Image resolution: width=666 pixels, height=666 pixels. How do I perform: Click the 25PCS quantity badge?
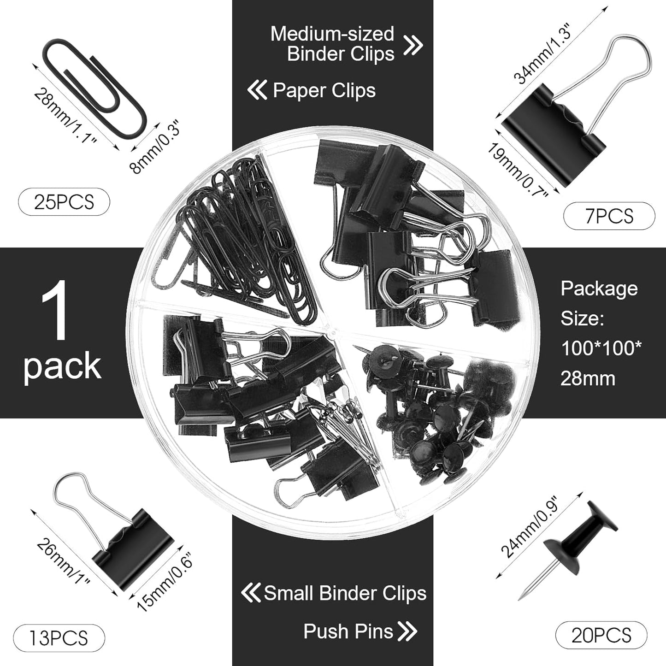tap(64, 202)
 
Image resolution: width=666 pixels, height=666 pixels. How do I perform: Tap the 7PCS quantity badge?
tap(609, 216)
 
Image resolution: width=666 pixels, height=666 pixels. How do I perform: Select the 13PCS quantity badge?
tap(58, 638)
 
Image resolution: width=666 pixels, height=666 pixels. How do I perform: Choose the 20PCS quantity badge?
tap(601, 636)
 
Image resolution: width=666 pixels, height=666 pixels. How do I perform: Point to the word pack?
tap(62, 366)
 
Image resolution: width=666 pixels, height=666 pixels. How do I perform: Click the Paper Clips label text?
tap(324, 90)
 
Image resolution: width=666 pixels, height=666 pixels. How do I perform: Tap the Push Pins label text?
tap(348, 631)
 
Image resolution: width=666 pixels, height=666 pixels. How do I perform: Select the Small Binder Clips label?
tap(345, 594)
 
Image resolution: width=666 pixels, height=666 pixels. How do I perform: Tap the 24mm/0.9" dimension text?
tap(530, 528)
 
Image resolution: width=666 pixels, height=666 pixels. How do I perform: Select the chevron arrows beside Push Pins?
tap(407, 631)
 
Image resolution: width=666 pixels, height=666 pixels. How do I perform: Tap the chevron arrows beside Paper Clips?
tap(257, 90)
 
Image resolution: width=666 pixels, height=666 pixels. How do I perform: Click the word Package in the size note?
tap(599, 289)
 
